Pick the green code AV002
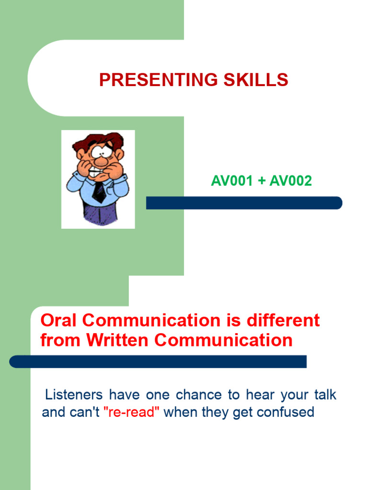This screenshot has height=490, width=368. tap(290, 181)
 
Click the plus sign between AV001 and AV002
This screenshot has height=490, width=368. tap(261, 181)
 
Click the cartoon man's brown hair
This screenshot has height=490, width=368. tap(98, 141)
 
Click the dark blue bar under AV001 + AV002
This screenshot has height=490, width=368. tap(244, 203)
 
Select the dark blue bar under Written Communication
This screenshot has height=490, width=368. tap(158, 361)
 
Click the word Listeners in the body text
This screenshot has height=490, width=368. tap(73, 395)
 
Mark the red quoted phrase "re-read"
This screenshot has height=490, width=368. tap(131, 412)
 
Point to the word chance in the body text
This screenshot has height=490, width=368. tap(198, 395)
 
